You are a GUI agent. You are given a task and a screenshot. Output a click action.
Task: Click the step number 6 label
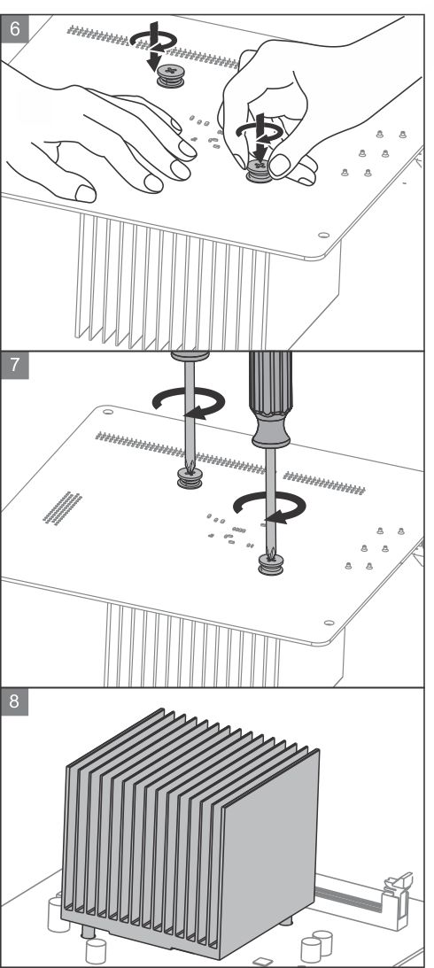pos(14,28)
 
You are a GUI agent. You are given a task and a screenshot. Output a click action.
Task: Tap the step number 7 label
pos(14,365)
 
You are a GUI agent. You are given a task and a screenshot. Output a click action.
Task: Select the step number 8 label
pos(14,702)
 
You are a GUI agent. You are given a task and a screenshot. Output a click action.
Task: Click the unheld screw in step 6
pos(170,76)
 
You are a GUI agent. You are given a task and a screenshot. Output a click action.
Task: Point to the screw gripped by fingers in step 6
pos(259,170)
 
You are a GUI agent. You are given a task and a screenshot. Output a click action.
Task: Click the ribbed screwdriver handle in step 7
pos(270,399)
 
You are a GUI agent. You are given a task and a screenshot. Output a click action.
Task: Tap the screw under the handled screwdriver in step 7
pos(270,564)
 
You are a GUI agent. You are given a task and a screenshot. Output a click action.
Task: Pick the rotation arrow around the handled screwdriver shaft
pos(270,507)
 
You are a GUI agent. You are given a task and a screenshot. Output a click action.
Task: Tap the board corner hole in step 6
pos(323,235)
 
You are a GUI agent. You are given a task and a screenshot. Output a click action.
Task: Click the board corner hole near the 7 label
pos(107,411)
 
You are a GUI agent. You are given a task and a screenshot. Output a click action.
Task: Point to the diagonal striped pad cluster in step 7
pos(62,508)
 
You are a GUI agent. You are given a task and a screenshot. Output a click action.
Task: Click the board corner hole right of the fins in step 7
pos(329,623)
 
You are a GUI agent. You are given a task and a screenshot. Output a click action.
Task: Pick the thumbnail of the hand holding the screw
pos(279,165)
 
